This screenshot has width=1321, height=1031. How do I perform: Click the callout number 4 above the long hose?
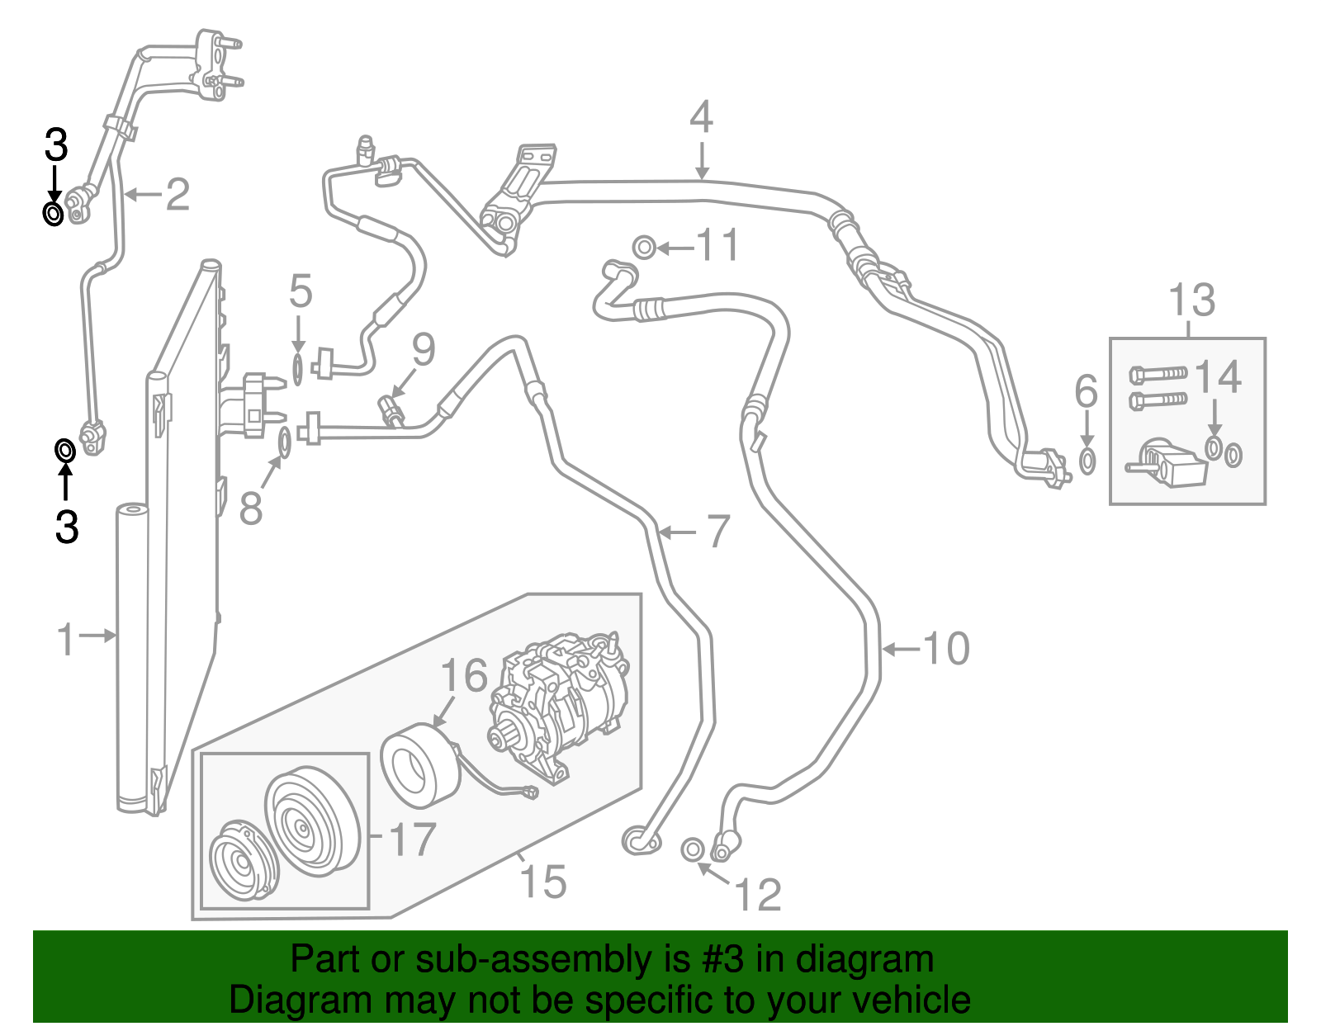(701, 118)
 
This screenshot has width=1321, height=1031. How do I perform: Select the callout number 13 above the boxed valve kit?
(1191, 300)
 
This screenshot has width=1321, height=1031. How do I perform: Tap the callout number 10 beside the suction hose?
(946, 648)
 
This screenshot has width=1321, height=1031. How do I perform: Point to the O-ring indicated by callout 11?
(644, 248)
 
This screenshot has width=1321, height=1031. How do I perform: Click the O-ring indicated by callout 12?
(693, 849)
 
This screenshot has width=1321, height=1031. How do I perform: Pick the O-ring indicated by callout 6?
(1087, 461)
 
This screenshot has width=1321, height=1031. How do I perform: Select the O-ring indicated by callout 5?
(297, 370)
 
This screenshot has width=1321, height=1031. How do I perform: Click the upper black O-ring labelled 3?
(53, 214)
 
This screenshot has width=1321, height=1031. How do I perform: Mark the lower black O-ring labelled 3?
(65, 451)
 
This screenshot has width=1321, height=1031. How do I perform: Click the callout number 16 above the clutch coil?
(464, 674)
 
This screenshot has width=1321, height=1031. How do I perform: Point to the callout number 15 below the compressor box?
(543, 881)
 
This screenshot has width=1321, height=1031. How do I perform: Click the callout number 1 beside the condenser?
(66, 639)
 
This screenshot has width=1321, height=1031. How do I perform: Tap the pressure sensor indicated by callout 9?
(391, 411)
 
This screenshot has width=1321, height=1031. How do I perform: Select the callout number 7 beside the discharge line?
(718, 531)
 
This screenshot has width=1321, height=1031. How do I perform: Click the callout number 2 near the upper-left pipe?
(178, 195)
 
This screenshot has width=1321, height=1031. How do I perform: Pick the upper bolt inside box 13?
(1158, 374)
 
